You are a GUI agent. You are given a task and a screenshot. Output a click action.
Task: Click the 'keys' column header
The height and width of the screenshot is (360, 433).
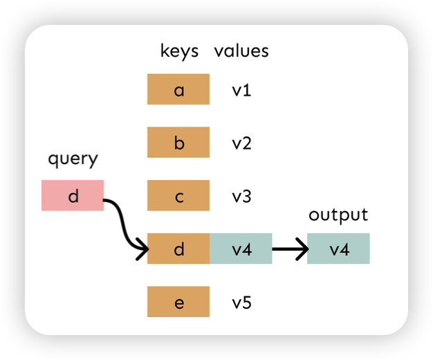179,51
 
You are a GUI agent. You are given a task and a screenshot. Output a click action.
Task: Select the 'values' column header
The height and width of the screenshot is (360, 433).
241,51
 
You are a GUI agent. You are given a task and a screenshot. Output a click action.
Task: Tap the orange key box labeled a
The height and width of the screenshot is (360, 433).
178,89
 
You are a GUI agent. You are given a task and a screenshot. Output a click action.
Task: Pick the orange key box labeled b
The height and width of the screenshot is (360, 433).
178,143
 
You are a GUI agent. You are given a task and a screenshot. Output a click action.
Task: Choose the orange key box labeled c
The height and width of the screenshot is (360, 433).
178,196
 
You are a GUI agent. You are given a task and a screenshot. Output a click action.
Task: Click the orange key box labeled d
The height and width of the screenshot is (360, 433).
178,249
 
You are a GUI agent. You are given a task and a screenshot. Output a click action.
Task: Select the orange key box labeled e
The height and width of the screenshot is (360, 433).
178,302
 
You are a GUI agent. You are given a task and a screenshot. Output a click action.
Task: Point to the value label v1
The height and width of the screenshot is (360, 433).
241,90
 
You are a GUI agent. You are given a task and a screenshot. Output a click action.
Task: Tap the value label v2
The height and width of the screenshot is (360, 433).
241,143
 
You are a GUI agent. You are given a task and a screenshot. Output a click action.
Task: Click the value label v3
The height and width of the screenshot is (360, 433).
241,197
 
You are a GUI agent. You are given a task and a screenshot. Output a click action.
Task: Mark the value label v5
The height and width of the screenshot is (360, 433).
241,303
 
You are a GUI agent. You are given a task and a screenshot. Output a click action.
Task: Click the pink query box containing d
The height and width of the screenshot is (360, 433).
73,195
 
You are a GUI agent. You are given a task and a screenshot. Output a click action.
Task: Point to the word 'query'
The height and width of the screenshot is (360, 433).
73,159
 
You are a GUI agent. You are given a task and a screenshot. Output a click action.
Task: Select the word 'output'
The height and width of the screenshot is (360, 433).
338,215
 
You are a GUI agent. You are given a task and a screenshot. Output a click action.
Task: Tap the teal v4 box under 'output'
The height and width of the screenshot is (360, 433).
338,249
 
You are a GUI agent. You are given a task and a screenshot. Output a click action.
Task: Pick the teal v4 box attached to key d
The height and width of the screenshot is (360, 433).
241,249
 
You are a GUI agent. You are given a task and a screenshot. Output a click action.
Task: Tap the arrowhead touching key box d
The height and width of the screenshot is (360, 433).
142,249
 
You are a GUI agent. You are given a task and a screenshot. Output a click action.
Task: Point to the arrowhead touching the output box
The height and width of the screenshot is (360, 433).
302,249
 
